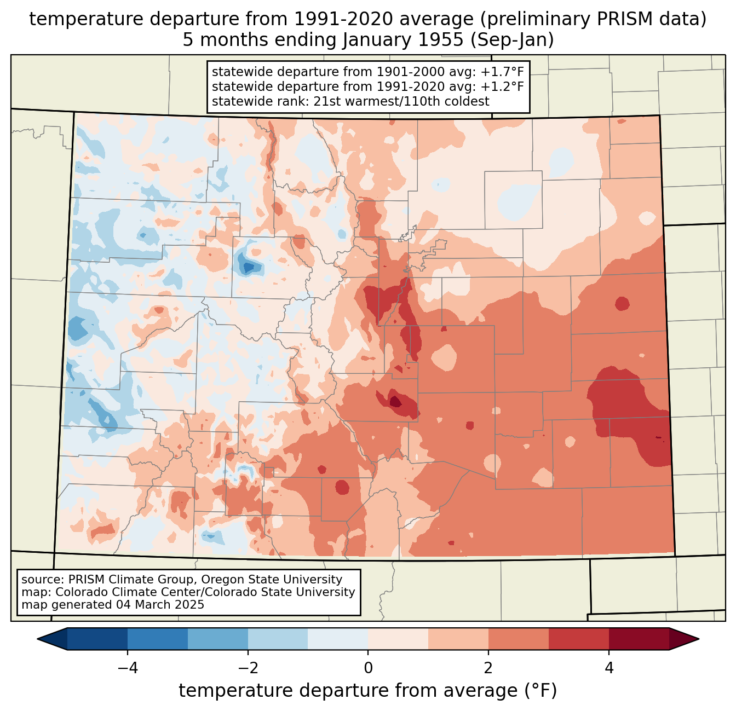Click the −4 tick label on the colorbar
click(127, 668)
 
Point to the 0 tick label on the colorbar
click(368, 668)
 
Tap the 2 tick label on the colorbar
click(488, 668)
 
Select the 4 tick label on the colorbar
click(609, 668)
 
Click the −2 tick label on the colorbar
click(248, 668)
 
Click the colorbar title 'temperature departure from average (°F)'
click(368, 691)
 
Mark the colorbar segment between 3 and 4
click(579, 639)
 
